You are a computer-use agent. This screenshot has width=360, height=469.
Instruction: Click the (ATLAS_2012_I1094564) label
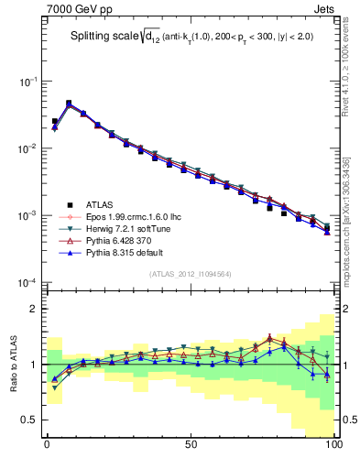[190, 273]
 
